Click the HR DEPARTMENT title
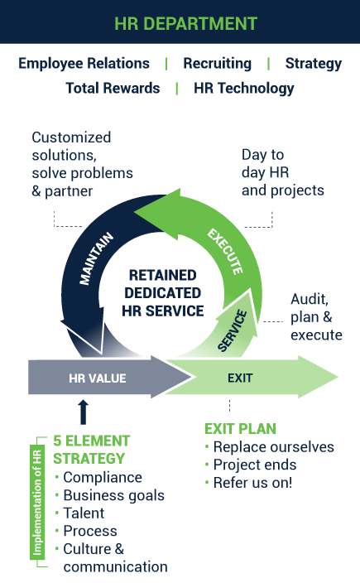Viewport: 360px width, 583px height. [185, 23]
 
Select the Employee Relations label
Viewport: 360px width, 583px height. [84, 64]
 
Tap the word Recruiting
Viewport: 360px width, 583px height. [218, 64]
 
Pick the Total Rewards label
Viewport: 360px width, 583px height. [113, 88]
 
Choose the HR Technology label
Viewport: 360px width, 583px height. [244, 89]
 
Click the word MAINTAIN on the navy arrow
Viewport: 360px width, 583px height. [96, 258]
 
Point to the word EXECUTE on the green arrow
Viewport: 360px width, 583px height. [225, 252]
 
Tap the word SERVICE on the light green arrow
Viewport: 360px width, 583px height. [233, 330]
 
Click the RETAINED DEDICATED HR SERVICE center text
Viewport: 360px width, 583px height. [163, 293]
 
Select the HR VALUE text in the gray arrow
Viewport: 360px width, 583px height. [98, 378]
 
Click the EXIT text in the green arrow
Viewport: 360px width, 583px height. [240, 378]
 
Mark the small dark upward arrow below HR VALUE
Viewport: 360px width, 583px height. [84, 412]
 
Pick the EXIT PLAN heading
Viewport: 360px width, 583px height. [240, 429]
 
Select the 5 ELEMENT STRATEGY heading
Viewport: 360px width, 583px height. [91, 450]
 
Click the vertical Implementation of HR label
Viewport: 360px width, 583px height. [37, 503]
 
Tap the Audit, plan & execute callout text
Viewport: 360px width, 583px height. [316, 317]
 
